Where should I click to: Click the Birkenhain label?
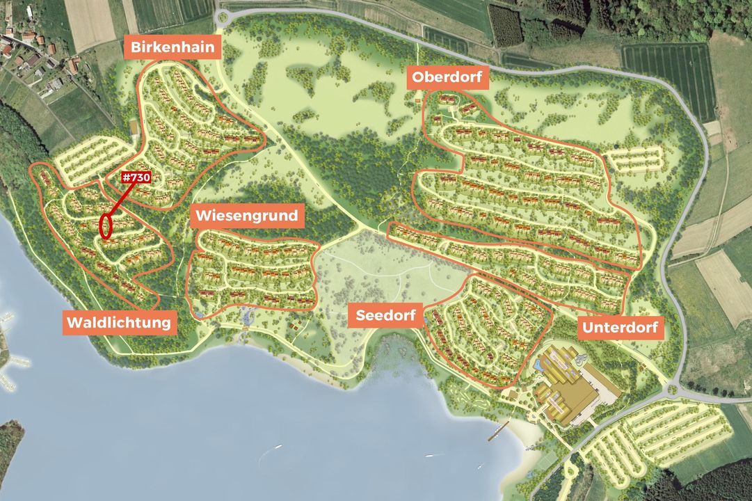click(x=173, y=49)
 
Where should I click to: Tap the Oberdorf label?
click(x=447, y=77)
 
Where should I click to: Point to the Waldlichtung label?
click(x=119, y=323)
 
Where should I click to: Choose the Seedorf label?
click(x=385, y=315)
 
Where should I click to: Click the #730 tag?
click(x=136, y=178)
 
